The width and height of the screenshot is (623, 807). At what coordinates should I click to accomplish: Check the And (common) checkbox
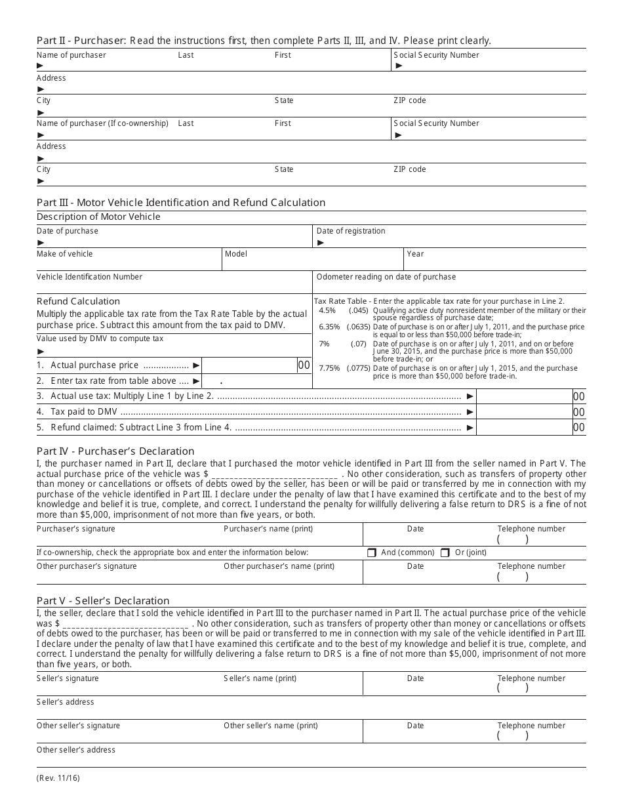pyautogui.click(x=372, y=553)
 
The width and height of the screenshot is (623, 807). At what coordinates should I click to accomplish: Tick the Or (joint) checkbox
pyautogui.click(x=445, y=553)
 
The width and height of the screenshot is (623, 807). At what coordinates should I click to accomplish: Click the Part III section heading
pyautogui.click(x=181, y=202)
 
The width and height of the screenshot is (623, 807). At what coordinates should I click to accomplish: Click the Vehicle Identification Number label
pyautogui.click(x=89, y=277)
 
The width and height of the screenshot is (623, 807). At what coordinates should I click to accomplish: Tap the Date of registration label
pyautogui.click(x=351, y=231)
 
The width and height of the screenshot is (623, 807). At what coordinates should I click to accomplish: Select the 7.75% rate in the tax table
pyautogui.click(x=329, y=368)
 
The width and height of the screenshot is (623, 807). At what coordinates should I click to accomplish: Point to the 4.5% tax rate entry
pyautogui.click(x=327, y=310)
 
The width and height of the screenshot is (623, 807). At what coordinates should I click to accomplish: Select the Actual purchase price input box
pyautogui.click(x=250, y=365)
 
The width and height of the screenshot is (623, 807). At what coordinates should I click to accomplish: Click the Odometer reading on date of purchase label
pyautogui.click(x=386, y=277)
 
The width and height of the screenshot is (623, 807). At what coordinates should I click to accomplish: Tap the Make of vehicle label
pyautogui.click(x=65, y=254)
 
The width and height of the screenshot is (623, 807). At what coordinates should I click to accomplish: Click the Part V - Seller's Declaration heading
pyautogui.click(x=103, y=600)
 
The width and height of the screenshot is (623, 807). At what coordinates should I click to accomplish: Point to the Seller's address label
pyautogui.click(x=66, y=702)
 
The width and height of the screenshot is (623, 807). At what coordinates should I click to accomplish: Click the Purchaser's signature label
pyautogui.click(x=76, y=529)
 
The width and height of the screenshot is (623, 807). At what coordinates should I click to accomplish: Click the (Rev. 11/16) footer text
pyautogui.click(x=58, y=779)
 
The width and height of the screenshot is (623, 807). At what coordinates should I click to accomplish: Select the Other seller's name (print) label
pyautogui.click(x=270, y=726)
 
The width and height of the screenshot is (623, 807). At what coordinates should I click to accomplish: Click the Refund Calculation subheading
pyautogui.click(x=78, y=301)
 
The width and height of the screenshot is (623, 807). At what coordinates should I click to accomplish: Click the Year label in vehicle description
pyautogui.click(x=415, y=254)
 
